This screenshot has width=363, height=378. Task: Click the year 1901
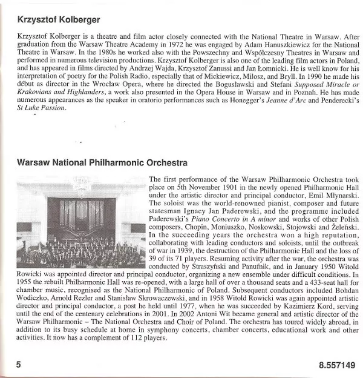coord(215,188)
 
